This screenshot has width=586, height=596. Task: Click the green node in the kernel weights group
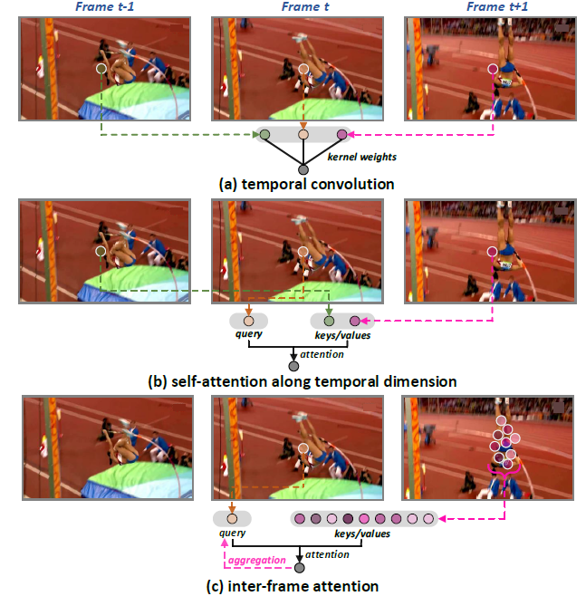coord(264,135)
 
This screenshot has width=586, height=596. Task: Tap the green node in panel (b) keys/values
coord(330,320)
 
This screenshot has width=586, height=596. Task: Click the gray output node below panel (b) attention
coord(293,365)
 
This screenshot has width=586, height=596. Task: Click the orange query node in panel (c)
coord(231,519)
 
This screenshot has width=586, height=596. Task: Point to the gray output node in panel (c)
coord(300,568)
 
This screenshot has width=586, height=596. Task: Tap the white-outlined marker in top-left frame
coord(101,69)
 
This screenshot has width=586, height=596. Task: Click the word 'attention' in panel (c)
coord(329,553)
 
